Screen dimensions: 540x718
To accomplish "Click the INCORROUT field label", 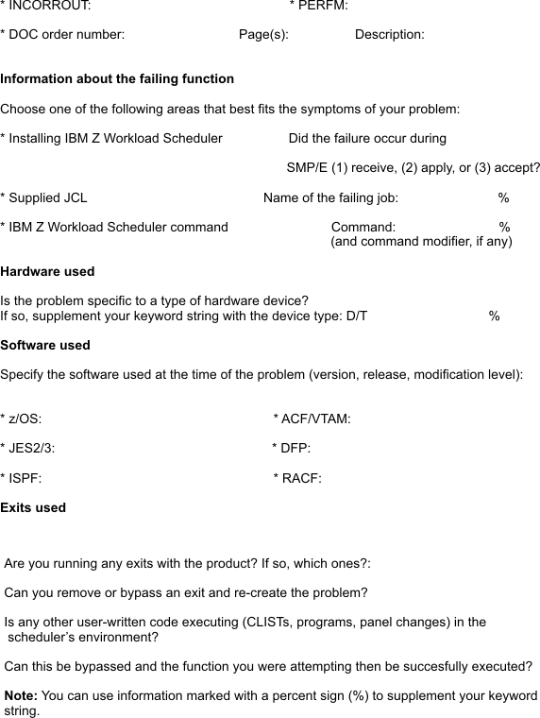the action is tap(49, 6).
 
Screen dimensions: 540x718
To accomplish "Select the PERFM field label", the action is tap(321, 6).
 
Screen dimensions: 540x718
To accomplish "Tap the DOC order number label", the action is tap(65, 35).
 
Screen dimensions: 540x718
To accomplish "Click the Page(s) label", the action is tap(263, 35).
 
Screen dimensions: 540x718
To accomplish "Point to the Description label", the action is tap(389, 35).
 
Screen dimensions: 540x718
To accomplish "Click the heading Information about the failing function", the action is tap(117, 78).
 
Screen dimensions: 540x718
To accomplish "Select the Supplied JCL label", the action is tap(46, 197).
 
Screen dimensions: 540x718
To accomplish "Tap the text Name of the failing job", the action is tap(330, 197).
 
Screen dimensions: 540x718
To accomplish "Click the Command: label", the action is tap(363, 227).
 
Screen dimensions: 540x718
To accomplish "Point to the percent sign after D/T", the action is tap(495, 316).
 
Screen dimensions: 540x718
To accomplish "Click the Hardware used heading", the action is tap(47, 271).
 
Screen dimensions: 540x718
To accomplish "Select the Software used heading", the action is tap(45, 345).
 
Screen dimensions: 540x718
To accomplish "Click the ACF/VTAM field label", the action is tap(314, 419).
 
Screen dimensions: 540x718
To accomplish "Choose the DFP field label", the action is tap(294, 448).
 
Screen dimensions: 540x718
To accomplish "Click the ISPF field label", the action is tap(23, 478).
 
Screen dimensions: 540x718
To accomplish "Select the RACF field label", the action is tap(299, 478).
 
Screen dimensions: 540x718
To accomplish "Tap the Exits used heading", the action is tap(33, 507).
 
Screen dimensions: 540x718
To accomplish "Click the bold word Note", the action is tap(21, 696).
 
